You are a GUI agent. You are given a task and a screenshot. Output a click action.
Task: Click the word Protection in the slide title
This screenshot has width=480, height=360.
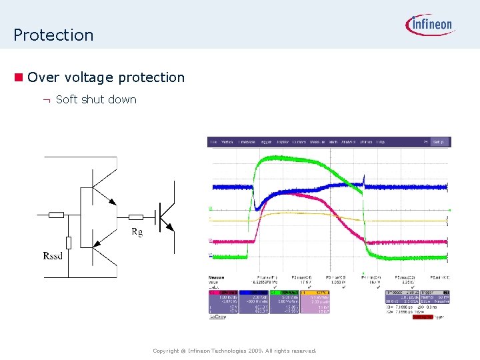pos(53,35)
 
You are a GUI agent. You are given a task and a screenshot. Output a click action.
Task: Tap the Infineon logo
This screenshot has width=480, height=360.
pos(430,25)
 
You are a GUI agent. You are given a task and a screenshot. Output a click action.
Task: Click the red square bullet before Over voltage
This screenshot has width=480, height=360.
pos(19,77)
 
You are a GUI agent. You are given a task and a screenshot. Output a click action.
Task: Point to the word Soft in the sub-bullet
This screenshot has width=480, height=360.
pos(67,100)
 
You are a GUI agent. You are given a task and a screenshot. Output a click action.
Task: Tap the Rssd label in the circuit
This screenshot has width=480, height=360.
pos(53,256)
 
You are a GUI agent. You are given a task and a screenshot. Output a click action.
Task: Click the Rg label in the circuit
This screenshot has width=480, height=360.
pos(137,232)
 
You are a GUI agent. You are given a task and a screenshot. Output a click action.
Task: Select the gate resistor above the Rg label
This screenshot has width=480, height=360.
pos(136,217)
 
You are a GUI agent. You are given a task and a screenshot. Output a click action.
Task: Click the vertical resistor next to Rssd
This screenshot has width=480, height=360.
pos(69,243)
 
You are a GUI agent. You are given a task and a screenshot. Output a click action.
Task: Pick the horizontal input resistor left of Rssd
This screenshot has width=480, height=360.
pos(57,215)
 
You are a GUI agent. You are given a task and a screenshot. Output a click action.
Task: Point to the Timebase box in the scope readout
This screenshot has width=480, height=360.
pos(399,292)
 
